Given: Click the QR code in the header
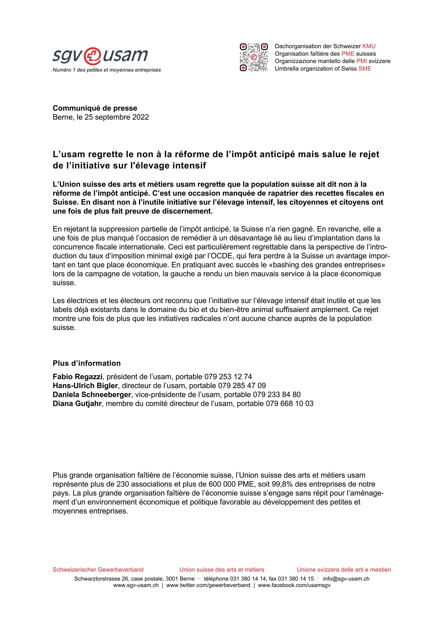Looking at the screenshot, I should click(254, 57).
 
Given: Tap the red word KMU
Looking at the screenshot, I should click(369, 46).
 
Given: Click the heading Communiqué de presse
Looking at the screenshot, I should click(95, 108).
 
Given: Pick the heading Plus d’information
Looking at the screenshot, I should click(87, 363).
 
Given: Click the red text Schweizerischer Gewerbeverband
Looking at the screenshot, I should click(98, 569).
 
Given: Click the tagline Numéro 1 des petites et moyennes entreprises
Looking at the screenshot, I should click(107, 70).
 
